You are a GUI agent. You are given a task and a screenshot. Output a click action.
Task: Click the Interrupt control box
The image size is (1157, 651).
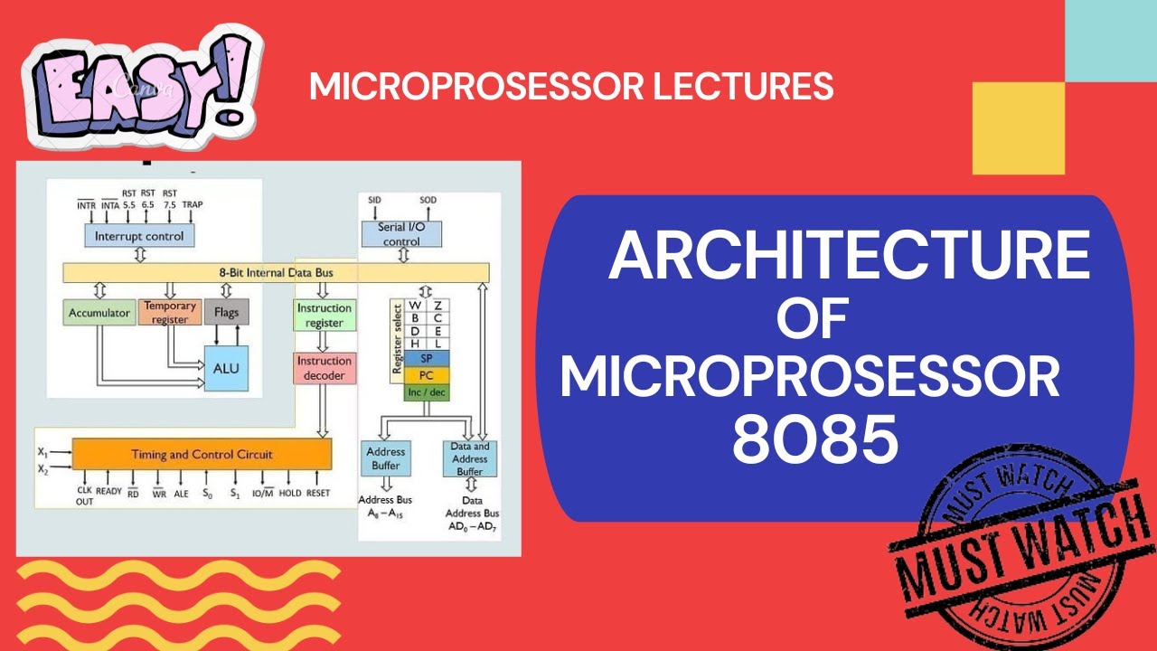click(x=139, y=236)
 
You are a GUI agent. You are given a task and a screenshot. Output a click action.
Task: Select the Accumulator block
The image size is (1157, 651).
click(x=99, y=314)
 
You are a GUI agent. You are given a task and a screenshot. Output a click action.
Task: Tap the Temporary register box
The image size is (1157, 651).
click(x=170, y=313)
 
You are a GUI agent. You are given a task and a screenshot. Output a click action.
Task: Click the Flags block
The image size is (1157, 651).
click(x=226, y=313)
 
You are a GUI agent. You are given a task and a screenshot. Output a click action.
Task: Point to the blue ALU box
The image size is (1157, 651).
click(x=226, y=368)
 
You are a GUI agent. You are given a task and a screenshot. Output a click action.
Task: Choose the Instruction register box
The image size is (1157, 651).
click(x=324, y=316)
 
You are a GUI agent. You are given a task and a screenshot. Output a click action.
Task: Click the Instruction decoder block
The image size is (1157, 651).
click(x=324, y=368)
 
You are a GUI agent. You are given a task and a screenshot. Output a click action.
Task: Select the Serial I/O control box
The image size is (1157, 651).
click(x=401, y=234)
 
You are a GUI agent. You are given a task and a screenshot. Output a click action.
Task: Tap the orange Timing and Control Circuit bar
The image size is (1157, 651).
click(x=202, y=454)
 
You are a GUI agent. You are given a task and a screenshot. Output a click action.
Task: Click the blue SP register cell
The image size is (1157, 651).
click(x=419, y=358)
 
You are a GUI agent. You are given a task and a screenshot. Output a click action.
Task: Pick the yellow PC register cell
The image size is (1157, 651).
click(x=419, y=375)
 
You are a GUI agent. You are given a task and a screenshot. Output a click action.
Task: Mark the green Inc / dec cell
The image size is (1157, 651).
click(x=419, y=392)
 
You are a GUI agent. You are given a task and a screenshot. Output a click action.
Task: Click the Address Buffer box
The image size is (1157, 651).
click(x=386, y=458)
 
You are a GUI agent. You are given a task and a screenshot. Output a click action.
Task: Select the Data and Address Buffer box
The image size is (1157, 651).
click(x=469, y=458)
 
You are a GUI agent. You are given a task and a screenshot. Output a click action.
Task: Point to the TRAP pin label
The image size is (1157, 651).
click(x=193, y=205)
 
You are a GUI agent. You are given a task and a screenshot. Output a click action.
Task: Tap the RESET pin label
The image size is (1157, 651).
click(x=318, y=494)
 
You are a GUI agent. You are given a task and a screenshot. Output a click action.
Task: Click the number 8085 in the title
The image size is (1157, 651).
click(x=814, y=440)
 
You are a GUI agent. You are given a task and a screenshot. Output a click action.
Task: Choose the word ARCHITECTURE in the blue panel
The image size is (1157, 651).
click(x=849, y=257)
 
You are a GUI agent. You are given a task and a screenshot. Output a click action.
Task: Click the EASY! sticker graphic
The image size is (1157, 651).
click(x=145, y=86)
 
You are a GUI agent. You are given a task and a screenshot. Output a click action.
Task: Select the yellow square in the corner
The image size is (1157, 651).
click(x=1018, y=127)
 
